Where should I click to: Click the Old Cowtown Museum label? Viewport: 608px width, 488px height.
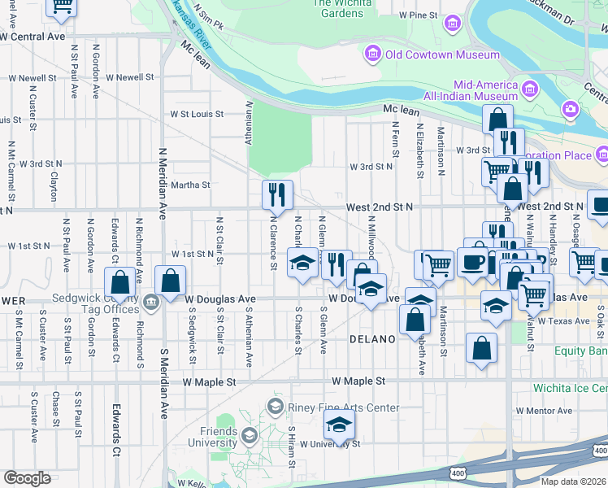[442, 54]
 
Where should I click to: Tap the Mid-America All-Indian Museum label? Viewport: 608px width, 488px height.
[486, 90]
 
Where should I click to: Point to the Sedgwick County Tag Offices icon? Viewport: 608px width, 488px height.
[151, 304]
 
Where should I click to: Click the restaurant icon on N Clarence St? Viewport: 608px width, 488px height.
[277, 194]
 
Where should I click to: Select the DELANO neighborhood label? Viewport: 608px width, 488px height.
[372, 338]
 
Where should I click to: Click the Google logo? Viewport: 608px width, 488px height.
[27, 477]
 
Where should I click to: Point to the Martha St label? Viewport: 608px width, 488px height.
[190, 185]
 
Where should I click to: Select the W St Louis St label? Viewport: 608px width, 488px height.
[196, 115]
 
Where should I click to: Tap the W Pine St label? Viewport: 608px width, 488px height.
[419, 15]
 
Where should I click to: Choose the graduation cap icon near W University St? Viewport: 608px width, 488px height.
[340, 425]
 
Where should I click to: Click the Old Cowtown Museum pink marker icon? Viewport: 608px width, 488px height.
[373, 54]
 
